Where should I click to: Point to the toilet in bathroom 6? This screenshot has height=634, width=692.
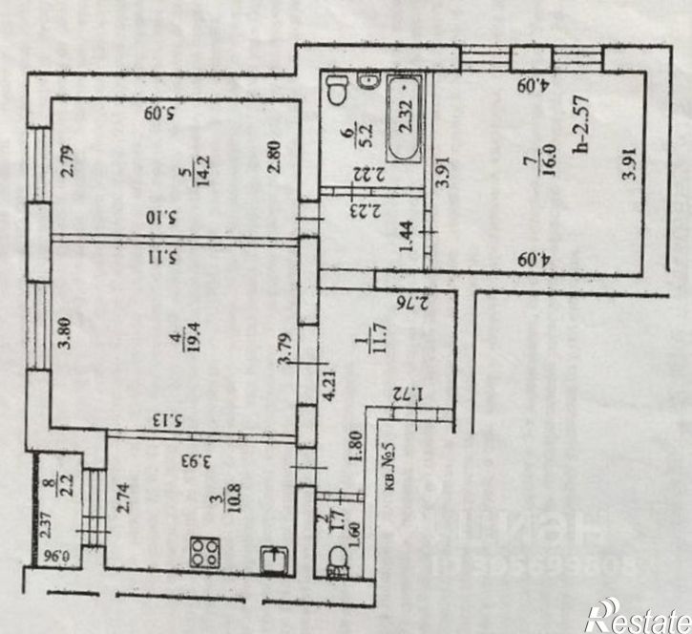(336, 91)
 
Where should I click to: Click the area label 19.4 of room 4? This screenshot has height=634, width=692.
(176, 344)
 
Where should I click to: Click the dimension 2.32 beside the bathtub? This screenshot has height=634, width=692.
(405, 117)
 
